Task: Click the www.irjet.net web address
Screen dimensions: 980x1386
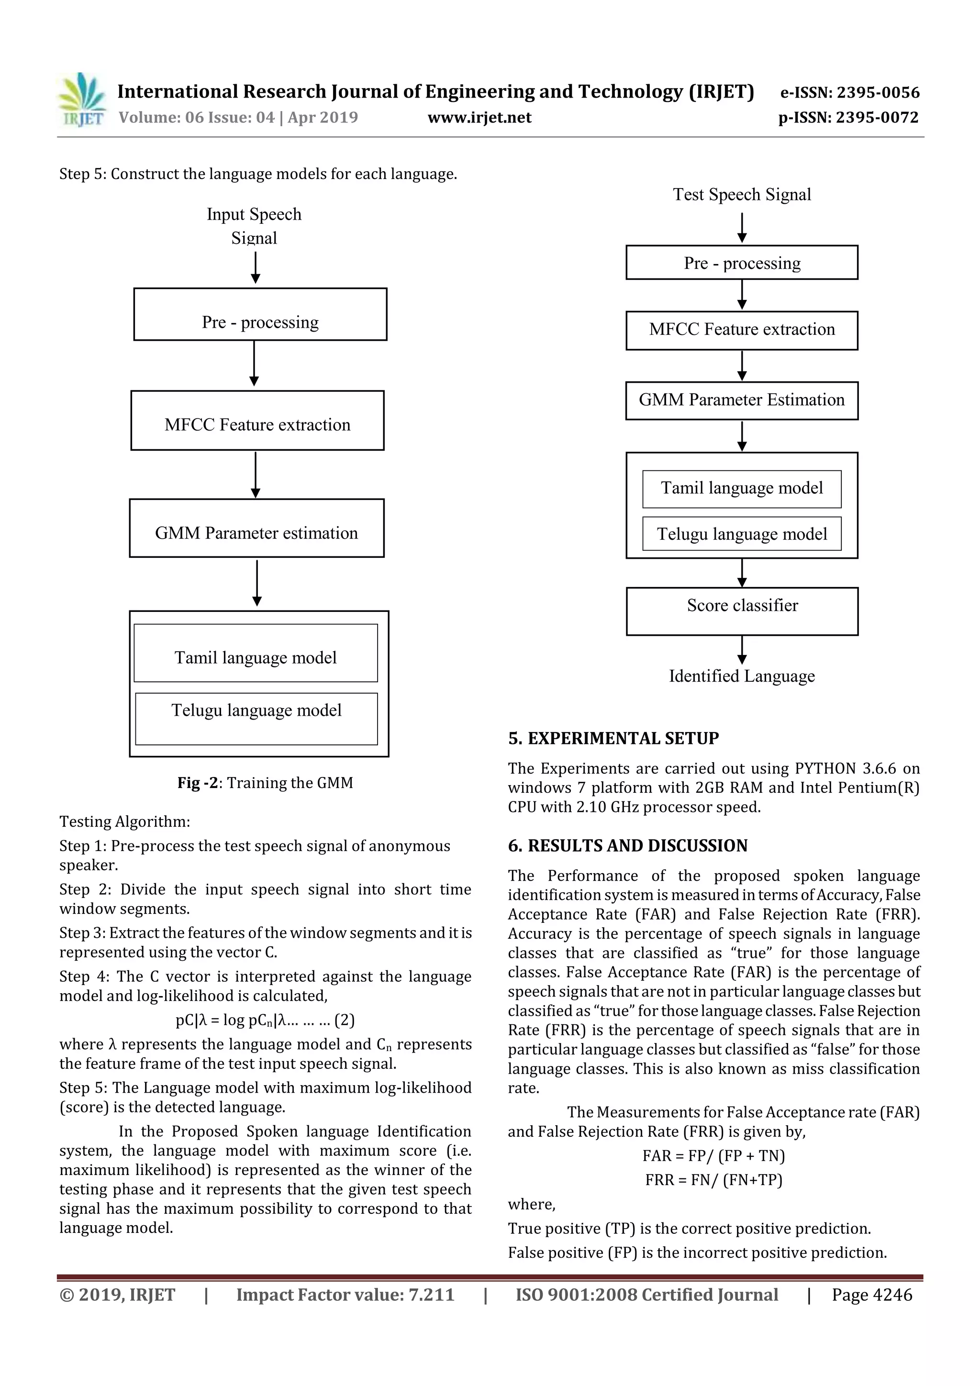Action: (x=479, y=117)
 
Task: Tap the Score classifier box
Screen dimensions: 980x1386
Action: (x=742, y=611)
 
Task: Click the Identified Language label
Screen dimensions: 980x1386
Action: (x=742, y=676)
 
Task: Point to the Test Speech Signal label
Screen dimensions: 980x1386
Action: (x=742, y=194)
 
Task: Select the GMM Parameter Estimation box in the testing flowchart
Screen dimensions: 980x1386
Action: (x=742, y=400)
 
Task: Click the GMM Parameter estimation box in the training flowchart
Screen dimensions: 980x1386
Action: (x=256, y=528)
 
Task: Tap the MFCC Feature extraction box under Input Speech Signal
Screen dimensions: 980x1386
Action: (x=257, y=421)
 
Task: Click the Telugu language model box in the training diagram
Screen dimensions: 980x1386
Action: (x=256, y=718)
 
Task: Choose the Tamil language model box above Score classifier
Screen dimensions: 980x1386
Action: (x=742, y=488)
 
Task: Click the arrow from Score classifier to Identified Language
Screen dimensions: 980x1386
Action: (x=742, y=650)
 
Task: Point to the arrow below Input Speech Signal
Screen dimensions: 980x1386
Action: (x=256, y=267)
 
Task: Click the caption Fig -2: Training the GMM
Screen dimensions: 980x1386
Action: (x=265, y=783)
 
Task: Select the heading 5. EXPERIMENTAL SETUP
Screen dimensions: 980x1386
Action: (x=613, y=738)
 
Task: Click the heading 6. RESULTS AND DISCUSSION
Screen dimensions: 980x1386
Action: (x=627, y=846)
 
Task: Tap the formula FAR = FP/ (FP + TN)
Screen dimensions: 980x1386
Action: (x=714, y=1156)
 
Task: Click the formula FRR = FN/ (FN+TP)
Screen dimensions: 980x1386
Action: (x=714, y=1180)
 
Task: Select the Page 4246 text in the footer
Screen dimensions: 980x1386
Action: (x=872, y=1295)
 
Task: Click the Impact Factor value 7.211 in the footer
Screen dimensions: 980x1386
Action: (x=345, y=1295)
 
